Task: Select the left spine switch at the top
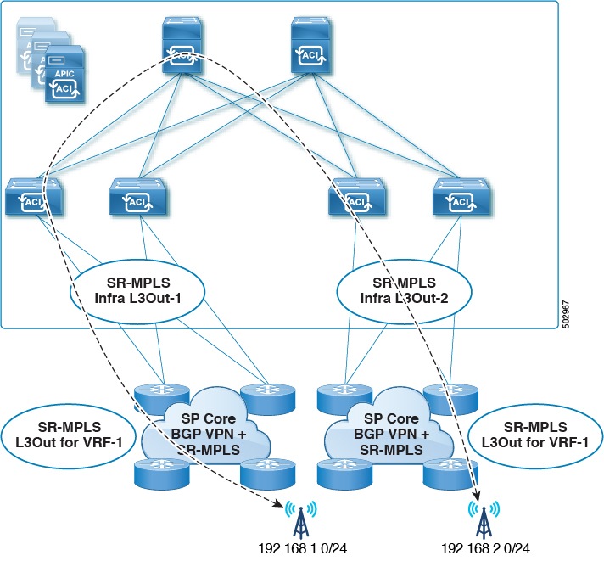pyautogui.click(x=182, y=42)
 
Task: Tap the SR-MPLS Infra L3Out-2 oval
pyautogui.click(x=392, y=289)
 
